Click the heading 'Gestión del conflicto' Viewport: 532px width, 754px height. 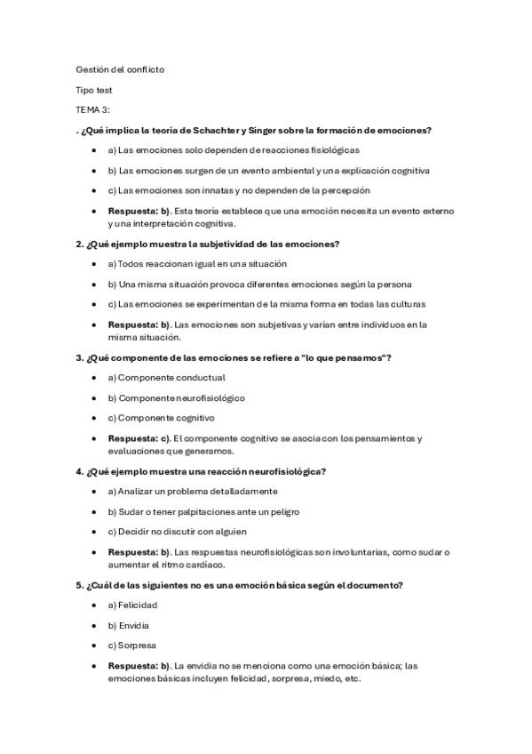point(120,68)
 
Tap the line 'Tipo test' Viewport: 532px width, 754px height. point(94,89)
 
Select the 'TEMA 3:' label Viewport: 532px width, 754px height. point(93,109)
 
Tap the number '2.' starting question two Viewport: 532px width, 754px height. point(80,244)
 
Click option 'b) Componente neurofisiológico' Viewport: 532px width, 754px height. point(176,397)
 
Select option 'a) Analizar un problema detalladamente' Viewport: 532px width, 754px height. point(192,491)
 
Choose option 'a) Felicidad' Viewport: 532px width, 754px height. point(131,605)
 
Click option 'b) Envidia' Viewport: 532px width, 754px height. point(128,625)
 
